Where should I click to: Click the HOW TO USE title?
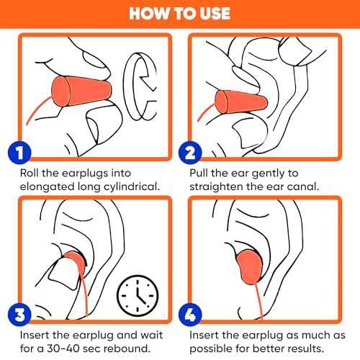pyautogui.click(x=180, y=14)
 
